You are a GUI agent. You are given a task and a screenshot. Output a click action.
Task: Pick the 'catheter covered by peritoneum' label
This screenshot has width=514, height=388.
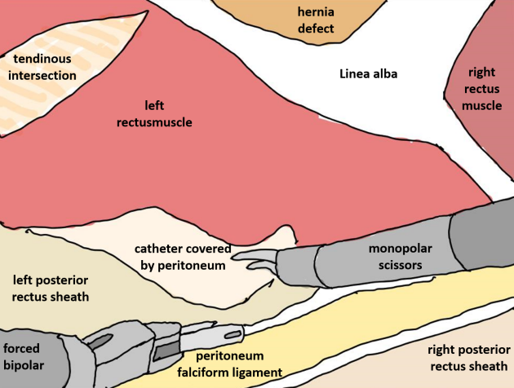pos(183,256)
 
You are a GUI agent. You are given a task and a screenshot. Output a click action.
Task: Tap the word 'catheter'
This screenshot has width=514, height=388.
pos(163,249)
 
